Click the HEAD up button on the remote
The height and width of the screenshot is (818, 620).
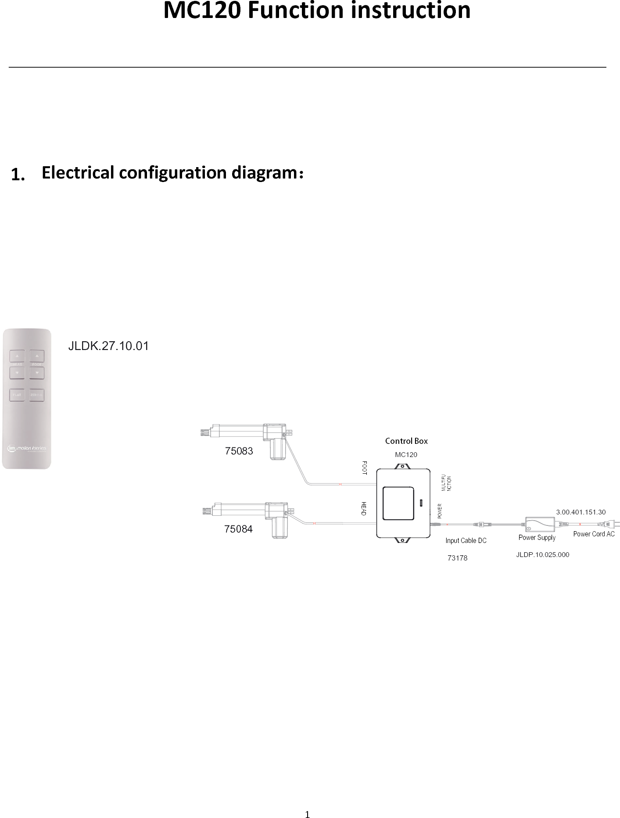17,356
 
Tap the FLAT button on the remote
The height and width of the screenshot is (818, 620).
17,395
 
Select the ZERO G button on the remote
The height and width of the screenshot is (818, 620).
37,395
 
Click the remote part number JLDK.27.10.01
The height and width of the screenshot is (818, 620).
108,346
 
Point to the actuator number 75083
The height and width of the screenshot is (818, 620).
239,451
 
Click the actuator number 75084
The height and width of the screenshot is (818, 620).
238,529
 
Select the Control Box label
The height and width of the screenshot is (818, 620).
406,441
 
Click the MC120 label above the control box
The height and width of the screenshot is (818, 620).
406,455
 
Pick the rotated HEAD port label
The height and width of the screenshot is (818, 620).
364,508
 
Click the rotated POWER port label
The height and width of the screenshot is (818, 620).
440,511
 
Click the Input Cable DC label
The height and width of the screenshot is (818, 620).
466,541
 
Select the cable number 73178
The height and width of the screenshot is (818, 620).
457,558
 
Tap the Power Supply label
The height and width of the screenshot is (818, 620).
537,538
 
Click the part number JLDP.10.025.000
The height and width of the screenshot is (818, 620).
542,555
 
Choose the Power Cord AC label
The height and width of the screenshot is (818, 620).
594,534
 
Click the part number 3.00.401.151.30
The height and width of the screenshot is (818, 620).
581,512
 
